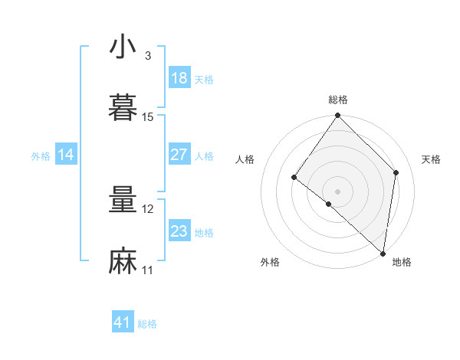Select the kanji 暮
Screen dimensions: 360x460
pyautogui.click(x=123, y=107)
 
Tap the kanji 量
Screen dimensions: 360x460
pyautogui.click(x=123, y=201)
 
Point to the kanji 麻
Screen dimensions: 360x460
pyautogui.click(x=123, y=261)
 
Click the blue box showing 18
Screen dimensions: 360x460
pyautogui.click(x=179, y=78)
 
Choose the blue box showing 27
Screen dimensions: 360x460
pyautogui.click(x=179, y=155)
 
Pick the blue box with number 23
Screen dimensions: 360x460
pyautogui.click(x=179, y=231)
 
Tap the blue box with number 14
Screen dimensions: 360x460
pyautogui.click(x=66, y=155)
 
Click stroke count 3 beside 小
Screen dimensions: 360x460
pyautogui.click(x=147, y=56)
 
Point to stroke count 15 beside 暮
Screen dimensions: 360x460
pyautogui.click(x=148, y=116)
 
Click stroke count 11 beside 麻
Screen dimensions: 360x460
pyautogui.click(x=148, y=270)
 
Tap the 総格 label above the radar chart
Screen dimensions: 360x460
pyautogui.click(x=338, y=100)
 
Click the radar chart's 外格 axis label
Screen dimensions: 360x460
pyautogui.click(x=270, y=262)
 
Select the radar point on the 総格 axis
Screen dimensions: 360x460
pyautogui.click(x=338, y=116)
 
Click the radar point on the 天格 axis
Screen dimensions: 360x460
pyautogui.click(x=396, y=172)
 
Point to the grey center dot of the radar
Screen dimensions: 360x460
pyautogui.click(x=338, y=191)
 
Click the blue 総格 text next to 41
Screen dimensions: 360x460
pyautogui.click(x=147, y=324)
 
